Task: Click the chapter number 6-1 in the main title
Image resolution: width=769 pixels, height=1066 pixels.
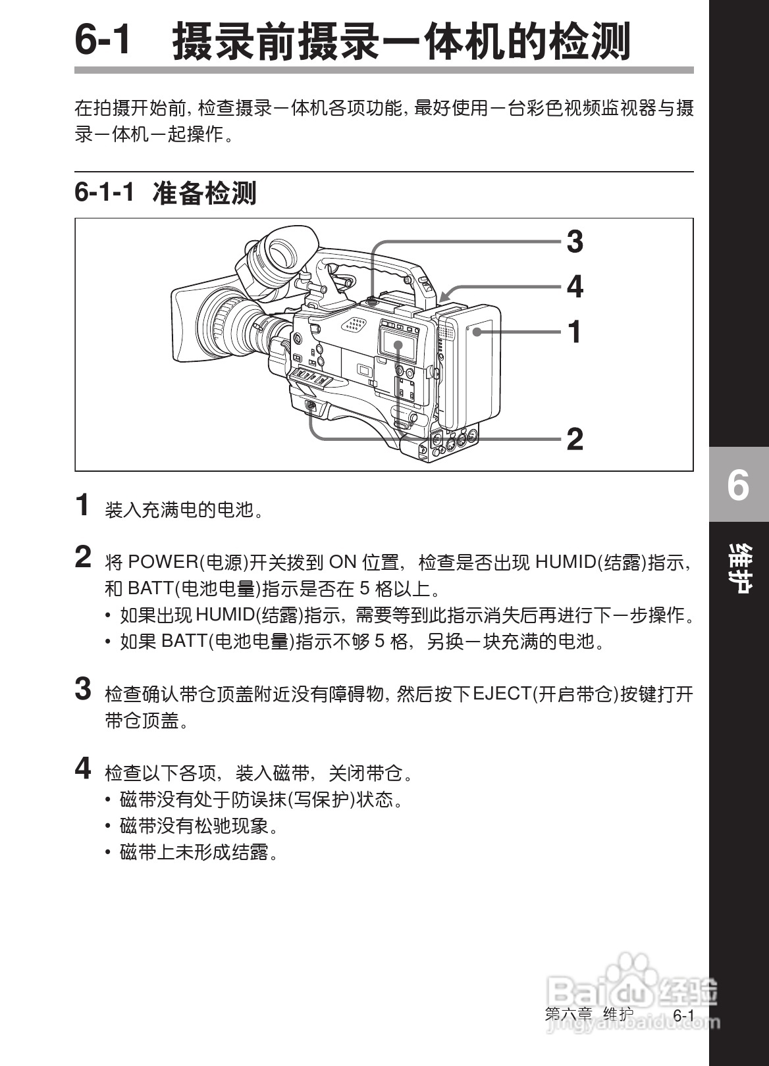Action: (103, 40)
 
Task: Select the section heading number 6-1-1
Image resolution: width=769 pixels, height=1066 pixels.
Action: (105, 193)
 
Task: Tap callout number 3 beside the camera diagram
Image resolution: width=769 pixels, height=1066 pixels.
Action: (575, 242)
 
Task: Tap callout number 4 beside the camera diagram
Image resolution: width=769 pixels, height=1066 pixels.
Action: (575, 287)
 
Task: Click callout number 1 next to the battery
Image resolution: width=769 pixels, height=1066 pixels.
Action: (575, 332)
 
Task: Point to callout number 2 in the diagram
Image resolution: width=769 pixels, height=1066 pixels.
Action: (575, 439)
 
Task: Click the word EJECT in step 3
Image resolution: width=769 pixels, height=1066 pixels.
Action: (502, 694)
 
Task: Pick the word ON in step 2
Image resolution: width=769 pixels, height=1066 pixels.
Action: (342, 563)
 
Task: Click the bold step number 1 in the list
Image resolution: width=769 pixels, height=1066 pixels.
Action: (83, 505)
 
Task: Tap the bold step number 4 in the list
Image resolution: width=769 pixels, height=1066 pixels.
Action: (83, 768)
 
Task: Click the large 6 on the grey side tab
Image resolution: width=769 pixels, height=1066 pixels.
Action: (738, 486)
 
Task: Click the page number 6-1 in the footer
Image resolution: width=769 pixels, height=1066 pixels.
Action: (683, 1015)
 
